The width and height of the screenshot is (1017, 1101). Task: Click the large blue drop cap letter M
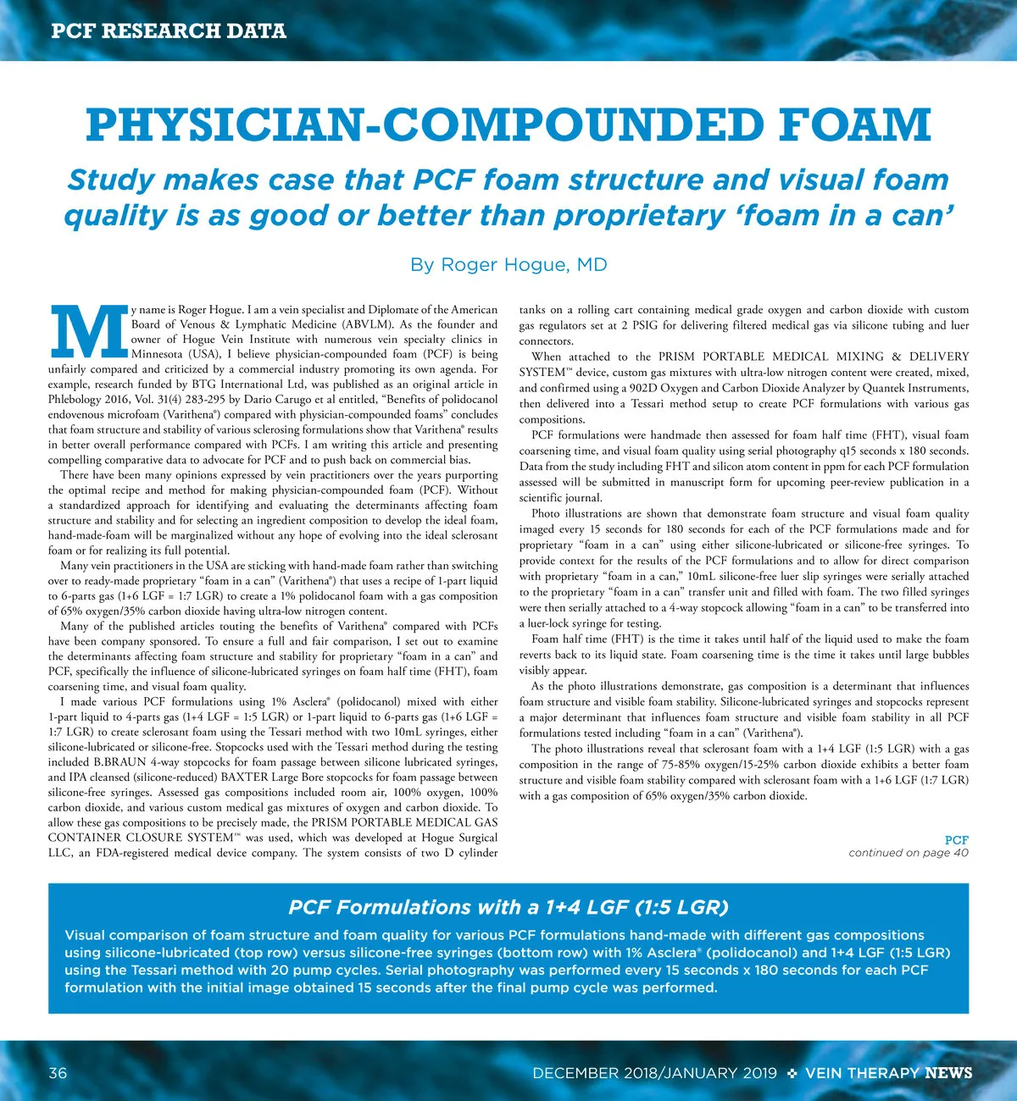tap(86, 331)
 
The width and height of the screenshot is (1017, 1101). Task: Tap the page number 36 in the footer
tap(58, 1073)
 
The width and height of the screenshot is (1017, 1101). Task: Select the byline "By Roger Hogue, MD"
tap(508, 265)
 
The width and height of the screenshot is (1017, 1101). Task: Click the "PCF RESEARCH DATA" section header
tap(169, 31)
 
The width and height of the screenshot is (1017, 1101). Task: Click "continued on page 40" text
tap(908, 853)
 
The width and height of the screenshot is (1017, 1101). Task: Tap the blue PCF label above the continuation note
tap(956, 840)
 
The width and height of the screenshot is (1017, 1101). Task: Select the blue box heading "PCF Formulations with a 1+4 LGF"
tap(508, 907)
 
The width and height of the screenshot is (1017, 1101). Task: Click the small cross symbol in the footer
tap(792, 1074)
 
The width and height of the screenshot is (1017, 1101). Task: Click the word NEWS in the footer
tap(948, 1073)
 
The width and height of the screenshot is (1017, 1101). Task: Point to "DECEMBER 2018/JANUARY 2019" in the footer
tap(654, 1073)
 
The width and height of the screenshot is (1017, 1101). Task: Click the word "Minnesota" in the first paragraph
tap(156, 354)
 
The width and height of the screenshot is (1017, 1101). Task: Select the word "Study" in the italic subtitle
tap(110, 180)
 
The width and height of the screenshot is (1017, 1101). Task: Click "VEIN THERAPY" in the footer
tap(862, 1073)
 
